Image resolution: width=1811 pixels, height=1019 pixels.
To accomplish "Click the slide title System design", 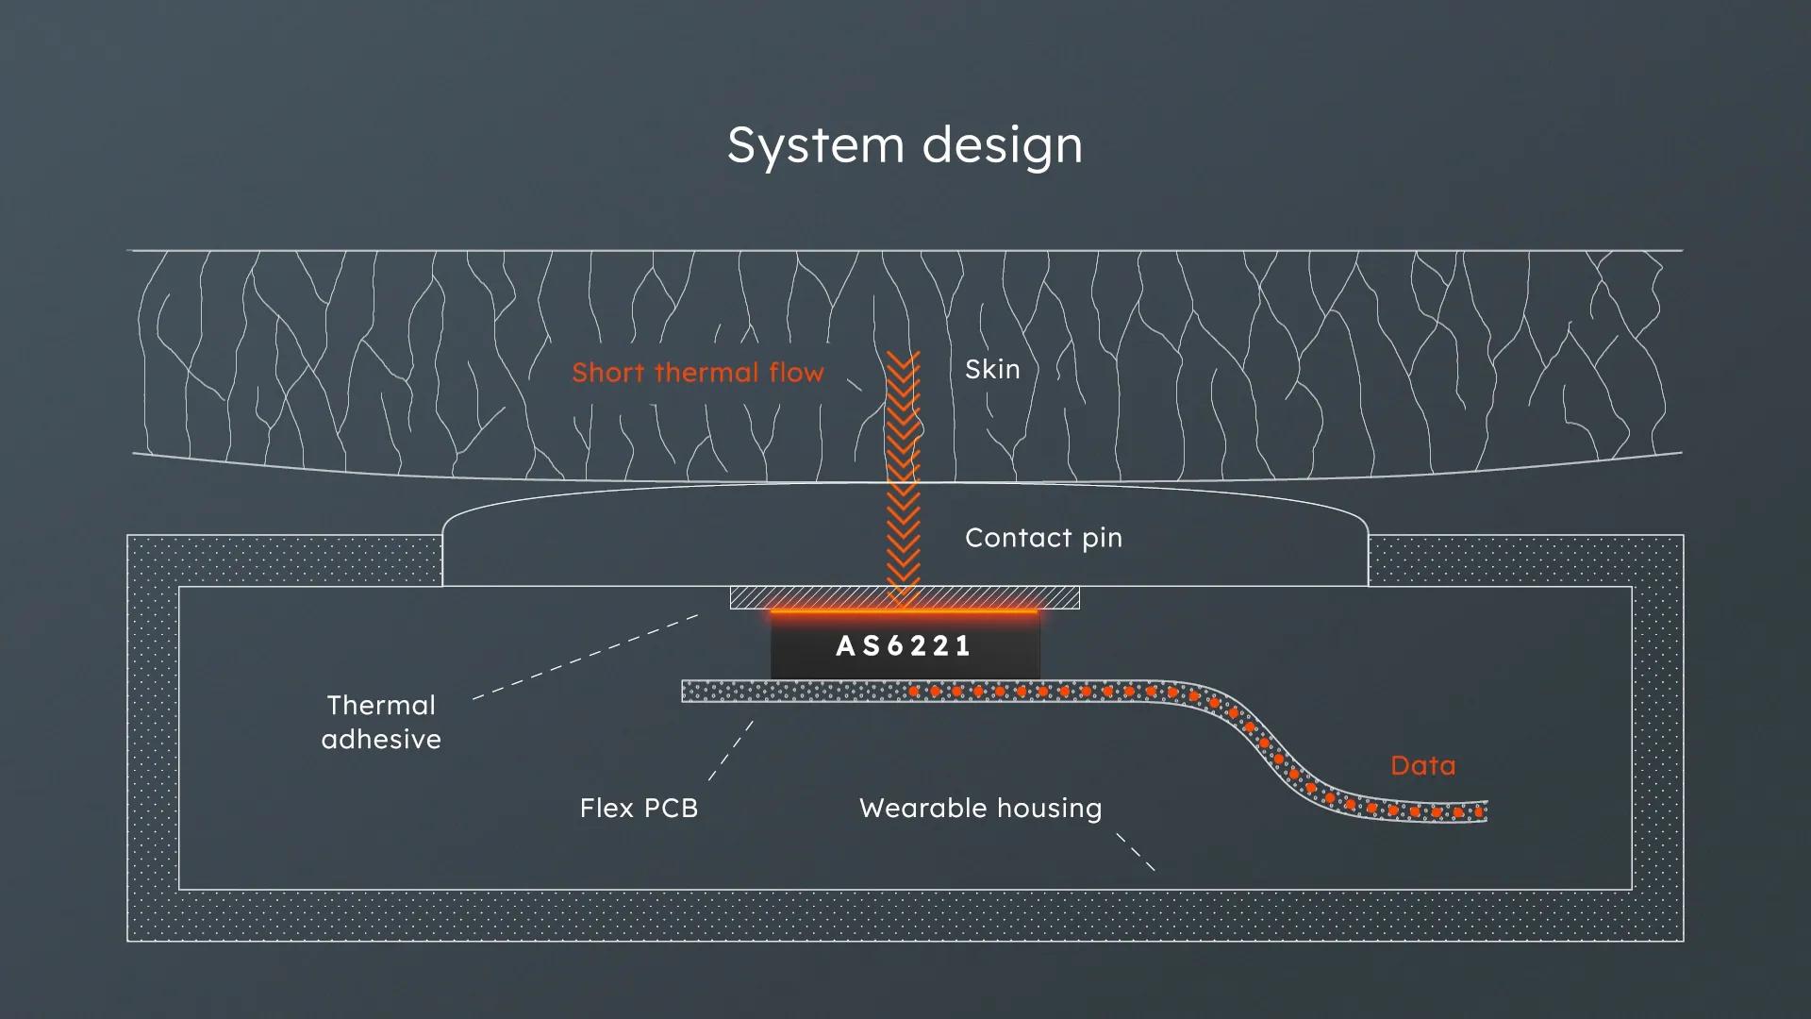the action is pos(905,146).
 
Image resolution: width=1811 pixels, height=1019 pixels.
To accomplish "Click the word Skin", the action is pos(992,369).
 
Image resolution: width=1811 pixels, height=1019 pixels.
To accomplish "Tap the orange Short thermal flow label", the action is pos(698,373).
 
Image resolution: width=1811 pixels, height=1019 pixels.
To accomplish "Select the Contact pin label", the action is pos(1043,539).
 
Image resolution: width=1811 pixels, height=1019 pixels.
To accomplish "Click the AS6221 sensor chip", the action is pos(905,645).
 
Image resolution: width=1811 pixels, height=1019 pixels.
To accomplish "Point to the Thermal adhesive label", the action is pos(381,722).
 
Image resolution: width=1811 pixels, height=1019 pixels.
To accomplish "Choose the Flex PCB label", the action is pos(639,809).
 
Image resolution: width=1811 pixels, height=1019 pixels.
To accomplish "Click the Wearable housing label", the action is pos(981,809).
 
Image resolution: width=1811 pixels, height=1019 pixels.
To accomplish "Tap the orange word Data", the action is pos(1422,765).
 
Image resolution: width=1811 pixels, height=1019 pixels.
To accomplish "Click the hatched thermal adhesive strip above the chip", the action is pos(905,597).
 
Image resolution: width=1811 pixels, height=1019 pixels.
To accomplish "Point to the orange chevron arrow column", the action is pos(904,476).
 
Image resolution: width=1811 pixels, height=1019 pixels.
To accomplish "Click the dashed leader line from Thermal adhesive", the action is pos(586,657).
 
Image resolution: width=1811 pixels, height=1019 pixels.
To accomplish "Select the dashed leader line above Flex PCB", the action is pos(731,751).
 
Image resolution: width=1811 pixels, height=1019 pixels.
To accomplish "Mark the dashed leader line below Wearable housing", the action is pos(1136,851).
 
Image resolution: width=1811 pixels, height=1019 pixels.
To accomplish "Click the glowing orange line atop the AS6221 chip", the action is pos(905,611).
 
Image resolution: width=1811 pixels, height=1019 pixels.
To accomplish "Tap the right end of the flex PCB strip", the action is pos(1486,811).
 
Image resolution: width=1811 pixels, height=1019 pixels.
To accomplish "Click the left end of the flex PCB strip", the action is pos(684,692).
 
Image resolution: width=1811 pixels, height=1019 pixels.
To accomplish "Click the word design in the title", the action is pos(1002,146).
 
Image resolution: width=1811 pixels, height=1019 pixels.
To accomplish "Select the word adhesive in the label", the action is pos(381,739).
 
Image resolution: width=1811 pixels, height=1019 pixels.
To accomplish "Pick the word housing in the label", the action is pos(1049,810).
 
